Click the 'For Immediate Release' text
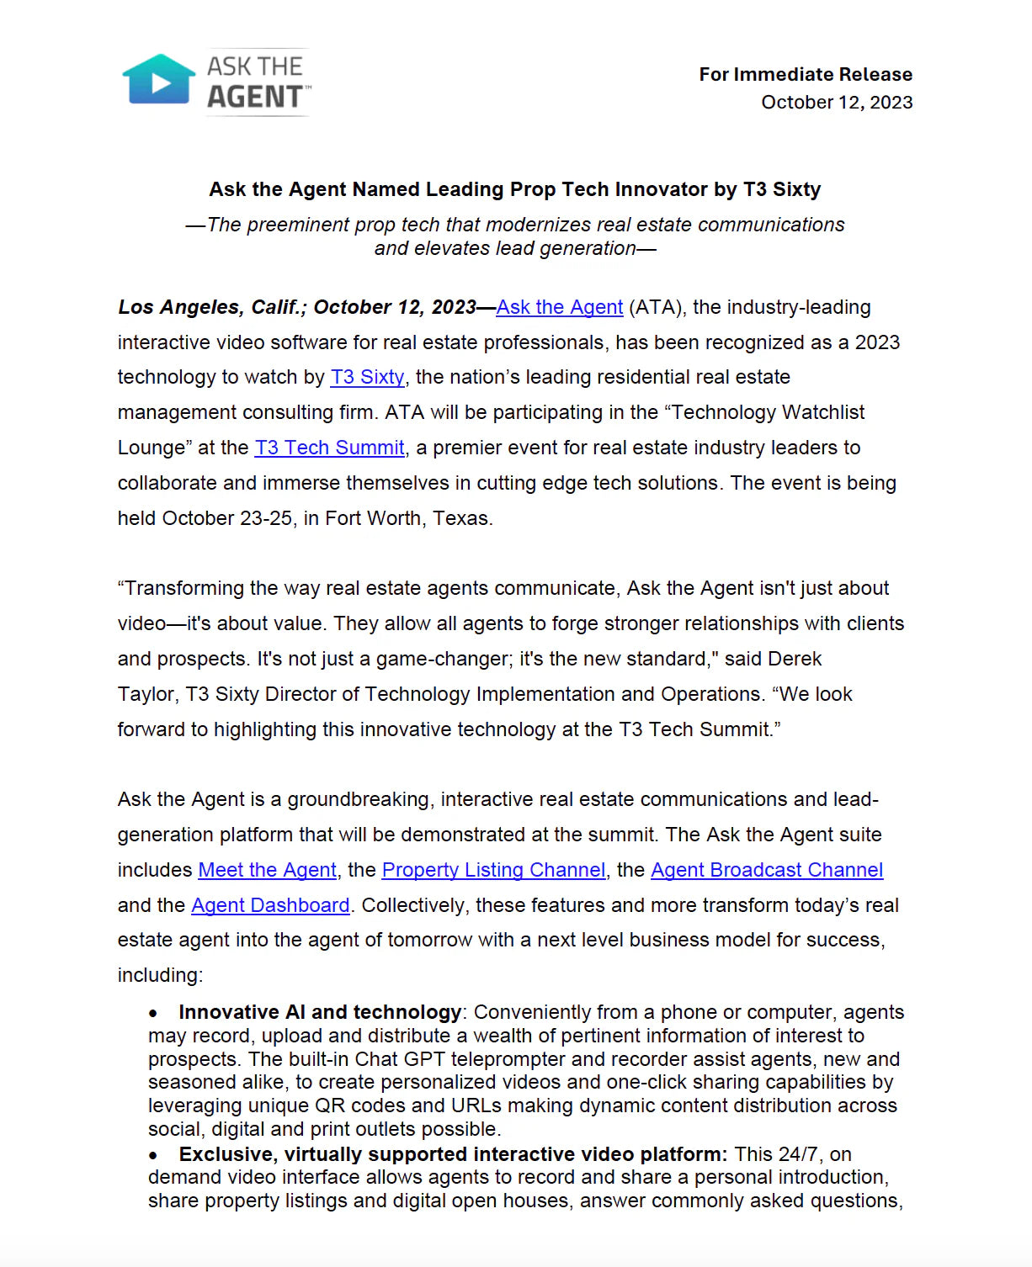(805, 74)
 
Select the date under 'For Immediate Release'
(836, 102)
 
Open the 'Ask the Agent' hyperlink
(559, 307)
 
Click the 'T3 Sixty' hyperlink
(367, 377)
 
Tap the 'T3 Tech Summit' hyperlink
(329, 448)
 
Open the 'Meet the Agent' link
(267, 870)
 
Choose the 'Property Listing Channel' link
(493, 870)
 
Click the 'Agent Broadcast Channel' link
(766, 870)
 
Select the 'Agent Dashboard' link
(270, 905)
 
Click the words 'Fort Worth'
(373, 518)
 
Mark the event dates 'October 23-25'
(227, 518)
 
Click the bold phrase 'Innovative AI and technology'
(320, 1012)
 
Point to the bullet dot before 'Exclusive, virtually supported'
(153, 1155)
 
